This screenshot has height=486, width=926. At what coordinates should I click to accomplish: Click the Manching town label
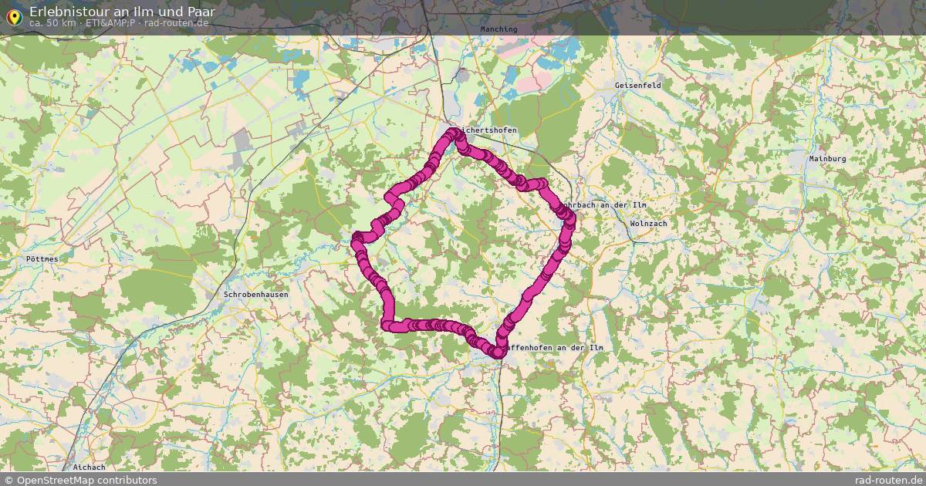[x=498, y=29]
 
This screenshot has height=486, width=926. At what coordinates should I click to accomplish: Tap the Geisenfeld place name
[x=638, y=86]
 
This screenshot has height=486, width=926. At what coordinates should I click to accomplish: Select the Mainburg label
[x=827, y=159]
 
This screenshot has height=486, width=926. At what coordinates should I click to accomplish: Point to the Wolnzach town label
[x=648, y=223]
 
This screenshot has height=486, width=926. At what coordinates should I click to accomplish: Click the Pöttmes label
[x=42, y=259]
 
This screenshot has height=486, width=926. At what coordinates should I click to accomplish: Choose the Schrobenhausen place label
[x=255, y=295]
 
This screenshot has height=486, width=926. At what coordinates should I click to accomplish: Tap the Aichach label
[x=89, y=467]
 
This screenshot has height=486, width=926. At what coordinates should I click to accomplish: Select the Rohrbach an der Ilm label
[x=605, y=205]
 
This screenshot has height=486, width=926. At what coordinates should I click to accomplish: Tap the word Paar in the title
[x=201, y=12]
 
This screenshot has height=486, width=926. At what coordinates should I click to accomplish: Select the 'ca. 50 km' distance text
[x=52, y=23]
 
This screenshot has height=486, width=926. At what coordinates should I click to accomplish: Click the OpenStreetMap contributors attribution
[x=80, y=480]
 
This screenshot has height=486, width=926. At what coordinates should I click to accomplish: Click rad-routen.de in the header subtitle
[x=176, y=23]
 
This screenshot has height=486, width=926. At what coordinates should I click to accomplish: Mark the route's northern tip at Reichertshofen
[x=455, y=133]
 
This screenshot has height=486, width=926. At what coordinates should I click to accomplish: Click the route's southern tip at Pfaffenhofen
[x=498, y=353]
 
